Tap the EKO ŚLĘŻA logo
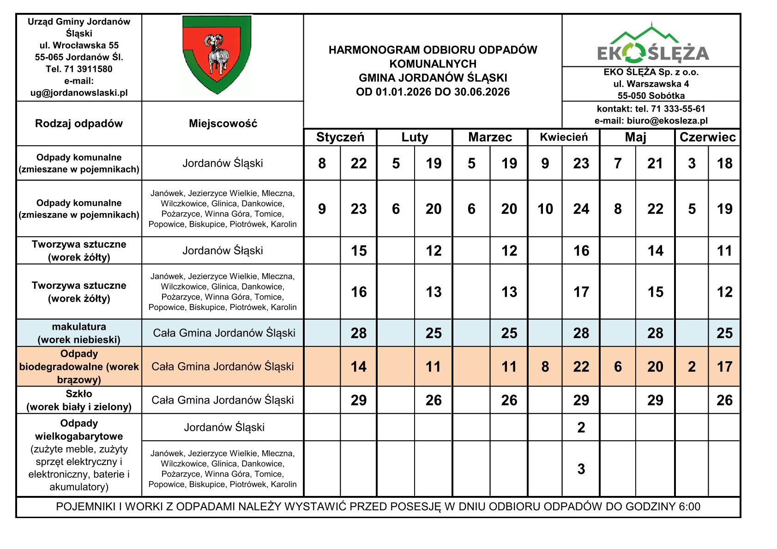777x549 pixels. pyautogui.click(x=652, y=45)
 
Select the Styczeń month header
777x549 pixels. pyautogui.click(x=340, y=137)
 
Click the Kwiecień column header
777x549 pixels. pyautogui.click(x=564, y=137)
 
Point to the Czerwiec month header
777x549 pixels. pyautogui.click(x=707, y=137)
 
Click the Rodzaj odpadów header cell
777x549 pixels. pyautogui.click(x=79, y=124)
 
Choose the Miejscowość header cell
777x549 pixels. pyautogui.click(x=223, y=124)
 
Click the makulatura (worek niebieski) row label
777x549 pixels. pyautogui.click(x=79, y=333)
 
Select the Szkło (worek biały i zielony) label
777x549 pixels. pyautogui.click(x=79, y=400)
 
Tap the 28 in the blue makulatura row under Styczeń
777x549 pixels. pyautogui.click(x=359, y=333)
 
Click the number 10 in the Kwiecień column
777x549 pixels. pyautogui.click(x=545, y=209)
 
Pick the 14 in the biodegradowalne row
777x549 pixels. pyautogui.click(x=359, y=367)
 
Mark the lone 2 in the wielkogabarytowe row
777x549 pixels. pyautogui.click(x=581, y=428)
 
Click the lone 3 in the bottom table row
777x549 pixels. pyautogui.click(x=581, y=469)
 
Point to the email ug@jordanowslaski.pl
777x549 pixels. pyautogui.click(x=79, y=93)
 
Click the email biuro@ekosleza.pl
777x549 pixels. pyautogui.click(x=667, y=121)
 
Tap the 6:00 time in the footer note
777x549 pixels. pyautogui.click(x=689, y=507)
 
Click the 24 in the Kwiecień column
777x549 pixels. pyautogui.click(x=581, y=209)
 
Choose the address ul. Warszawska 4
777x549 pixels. pyautogui.click(x=651, y=84)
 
